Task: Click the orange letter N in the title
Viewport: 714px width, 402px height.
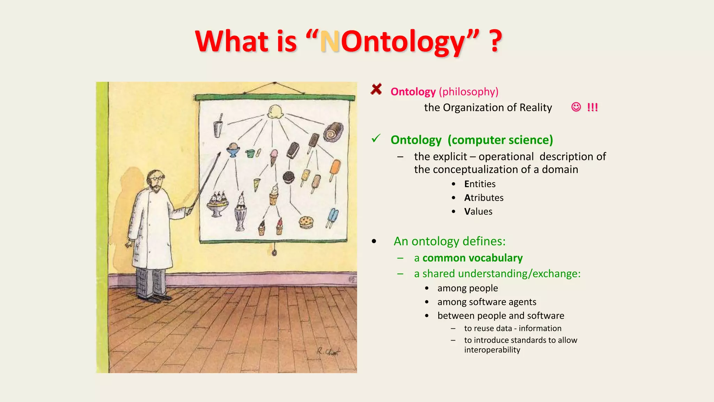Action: click(x=330, y=42)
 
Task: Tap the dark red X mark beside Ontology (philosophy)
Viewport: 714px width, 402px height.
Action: click(x=376, y=89)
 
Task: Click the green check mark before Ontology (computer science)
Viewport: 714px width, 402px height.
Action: click(x=376, y=139)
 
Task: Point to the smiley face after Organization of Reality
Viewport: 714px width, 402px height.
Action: click(x=576, y=107)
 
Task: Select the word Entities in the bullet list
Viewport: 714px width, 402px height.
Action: click(x=480, y=184)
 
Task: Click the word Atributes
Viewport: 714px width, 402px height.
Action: click(x=484, y=198)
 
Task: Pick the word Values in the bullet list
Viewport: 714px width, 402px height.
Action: click(x=478, y=211)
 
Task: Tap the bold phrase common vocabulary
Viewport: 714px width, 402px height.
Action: click(x=472, y=258)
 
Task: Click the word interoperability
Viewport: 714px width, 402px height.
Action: click(x=492, y=350)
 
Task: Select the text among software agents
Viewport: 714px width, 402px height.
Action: click(x=487, y=302)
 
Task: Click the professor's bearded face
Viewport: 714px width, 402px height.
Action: click(x=155, y=181)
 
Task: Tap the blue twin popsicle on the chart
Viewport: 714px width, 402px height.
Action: click(x=332, y=217)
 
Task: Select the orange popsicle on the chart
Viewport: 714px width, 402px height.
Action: click(x=335, y=170)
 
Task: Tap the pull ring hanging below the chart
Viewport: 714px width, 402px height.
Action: click(x=274, y=253)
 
